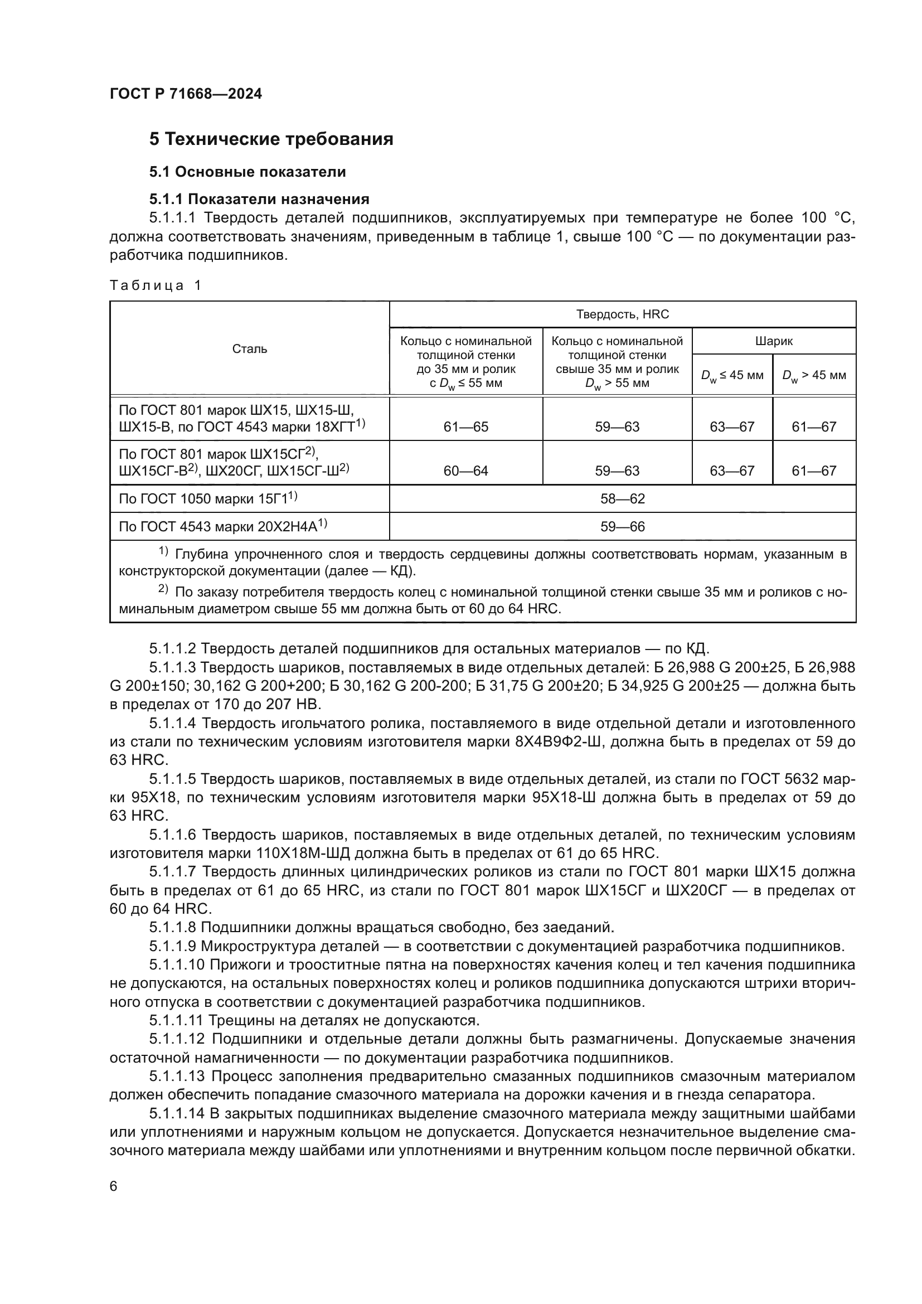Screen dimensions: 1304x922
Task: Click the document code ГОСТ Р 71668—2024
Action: [x=186, y=94]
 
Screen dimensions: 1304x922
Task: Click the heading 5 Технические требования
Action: [x=271, y=139]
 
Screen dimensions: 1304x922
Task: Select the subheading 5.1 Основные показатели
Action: [x=248, y=172]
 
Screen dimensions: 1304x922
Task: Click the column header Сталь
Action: [x=249, y=348]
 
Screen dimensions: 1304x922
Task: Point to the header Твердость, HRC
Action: [x=622, y=314]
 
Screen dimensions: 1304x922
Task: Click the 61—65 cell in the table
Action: [x=465, y=426]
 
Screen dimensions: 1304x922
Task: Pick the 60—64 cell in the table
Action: [x=465, y=471]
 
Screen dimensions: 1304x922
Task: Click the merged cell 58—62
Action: [x=622, y=498]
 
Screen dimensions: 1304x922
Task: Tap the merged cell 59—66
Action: [x=622, y=526]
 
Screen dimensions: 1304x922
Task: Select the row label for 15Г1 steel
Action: [x=208, y=498]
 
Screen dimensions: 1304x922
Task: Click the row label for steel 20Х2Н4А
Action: [x=222, y=526]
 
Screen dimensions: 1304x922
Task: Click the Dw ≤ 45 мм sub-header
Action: [x=732, y=375]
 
